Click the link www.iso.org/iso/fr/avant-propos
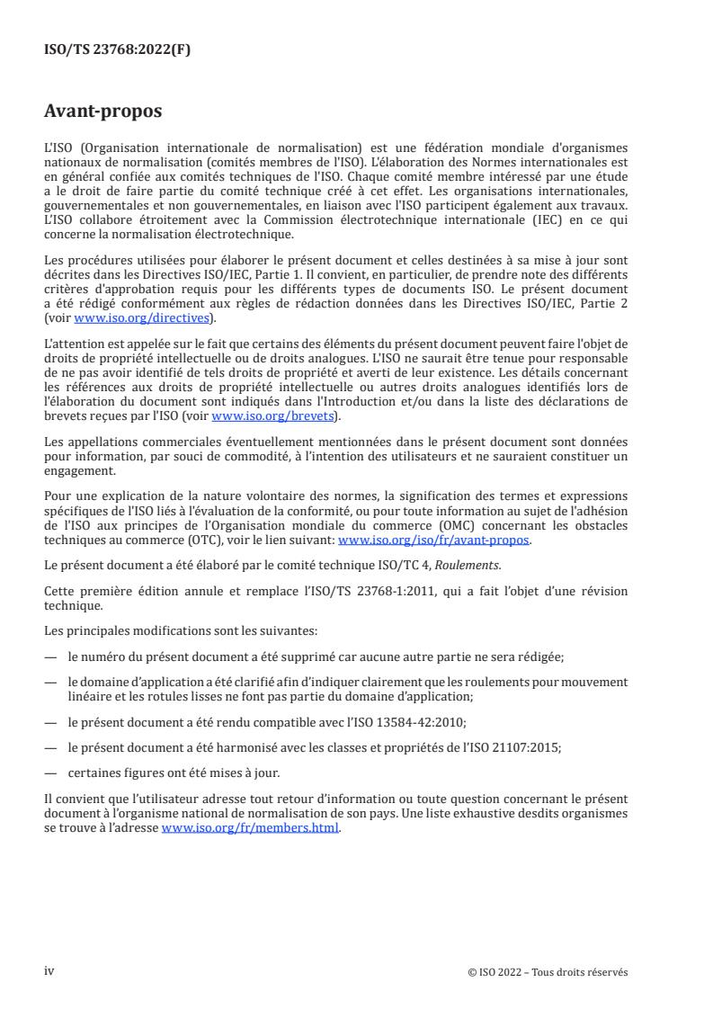433,540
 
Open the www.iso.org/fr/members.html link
250,827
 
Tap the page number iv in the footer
49,971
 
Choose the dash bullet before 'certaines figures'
50,771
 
